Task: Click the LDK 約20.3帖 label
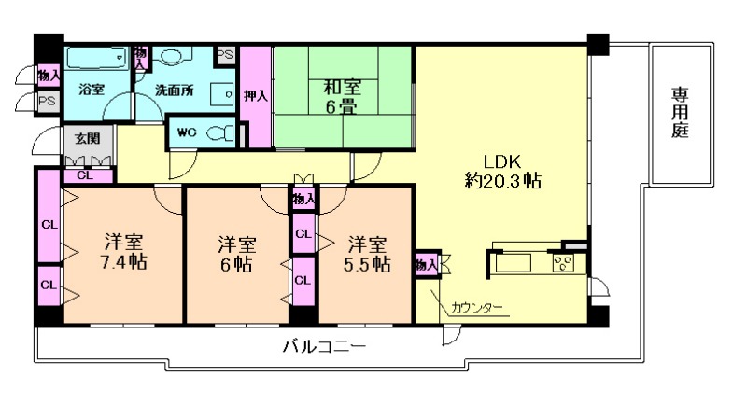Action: pos(505,171)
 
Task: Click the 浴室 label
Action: pos(91,91)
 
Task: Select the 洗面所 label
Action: pos(176,91)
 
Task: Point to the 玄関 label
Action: pos(87,139)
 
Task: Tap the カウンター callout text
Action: pos(477,307)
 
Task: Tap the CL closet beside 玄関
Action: pos(85,174)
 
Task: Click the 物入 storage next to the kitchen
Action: pos(426,265)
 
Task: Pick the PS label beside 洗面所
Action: pos(225,55)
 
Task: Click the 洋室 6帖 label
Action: pos(238,254)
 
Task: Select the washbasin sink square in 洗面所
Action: pos(221,93)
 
